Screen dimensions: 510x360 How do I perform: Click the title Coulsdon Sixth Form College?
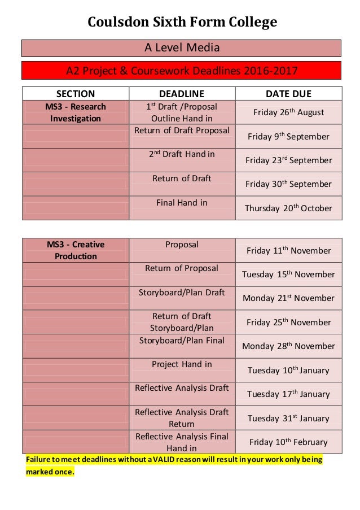pyautogui.click(x=182, y=22)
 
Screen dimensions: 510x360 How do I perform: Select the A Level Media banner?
pyautogui.click(x=182, y=47)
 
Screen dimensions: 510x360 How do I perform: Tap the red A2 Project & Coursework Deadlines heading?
pyautogui.click(x=182, y=71)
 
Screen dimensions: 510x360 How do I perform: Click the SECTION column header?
pyautogui.click(x=76, y=94)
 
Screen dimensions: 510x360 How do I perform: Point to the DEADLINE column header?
pyautogui.click(x=182, y=94)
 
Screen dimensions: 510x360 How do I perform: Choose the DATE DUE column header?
pyautogui.click(x=288, y=94)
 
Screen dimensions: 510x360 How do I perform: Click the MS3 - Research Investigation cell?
pyautogui.click(x=76, y=112)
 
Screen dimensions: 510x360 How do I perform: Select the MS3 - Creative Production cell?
pyautogui.click(x=76, y=250)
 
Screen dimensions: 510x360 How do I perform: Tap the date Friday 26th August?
pyautogui.click(x=288, y=112)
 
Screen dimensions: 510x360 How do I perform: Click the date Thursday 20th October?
pyautogui.click(x=288, y=208)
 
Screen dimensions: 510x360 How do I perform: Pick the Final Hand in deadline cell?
pyautogui.click(x=182, y=203)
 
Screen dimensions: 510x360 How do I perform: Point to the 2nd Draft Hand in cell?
pyautogui.click(x=182, y=155)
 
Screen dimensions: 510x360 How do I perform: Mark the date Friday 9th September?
pyautogui.click(x=288, y=137)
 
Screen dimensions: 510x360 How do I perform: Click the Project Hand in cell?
pyautogui.click(x=182, y=364)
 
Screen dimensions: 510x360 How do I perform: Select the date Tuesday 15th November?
pyautogui.click(x=288, y=274)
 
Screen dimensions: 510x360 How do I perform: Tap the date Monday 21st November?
pyautogui.click(x=288, y=298)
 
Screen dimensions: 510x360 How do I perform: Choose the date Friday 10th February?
pyautogui.click(x=288, y=442)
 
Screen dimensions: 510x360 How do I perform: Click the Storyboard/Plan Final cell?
pyautogui.click(x=182, y=341)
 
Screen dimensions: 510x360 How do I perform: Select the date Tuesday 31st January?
pyautogui.click(x=288, y=419)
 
